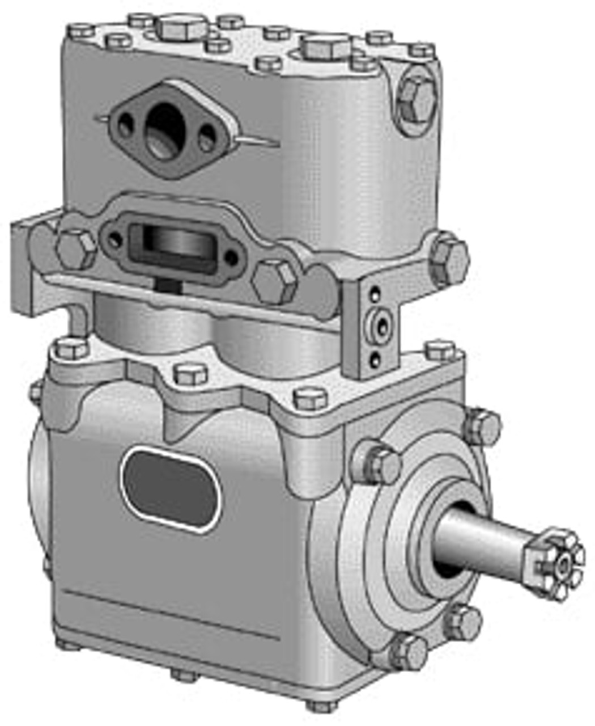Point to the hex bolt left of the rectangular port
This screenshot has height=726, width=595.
tap(77, 250)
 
